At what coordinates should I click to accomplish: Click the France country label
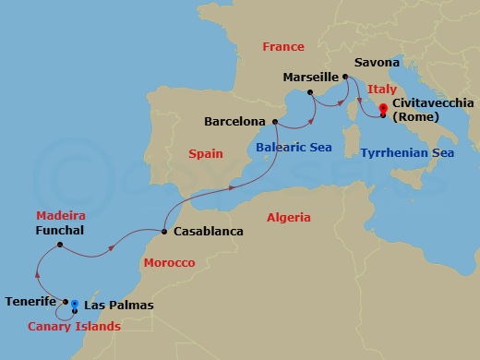[x=282, y=46]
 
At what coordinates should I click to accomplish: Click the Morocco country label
[x=169, y=263]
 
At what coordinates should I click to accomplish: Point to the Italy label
[x=381, y=89]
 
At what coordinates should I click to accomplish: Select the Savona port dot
[x=344, y=77]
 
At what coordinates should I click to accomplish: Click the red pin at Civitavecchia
[x=383, y=114]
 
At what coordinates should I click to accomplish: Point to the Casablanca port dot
[x=163, y=231]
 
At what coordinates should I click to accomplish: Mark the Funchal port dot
[x=59, y=245]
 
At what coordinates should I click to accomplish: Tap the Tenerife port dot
[x=65, y=301]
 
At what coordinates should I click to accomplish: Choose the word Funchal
[x=62, y=229]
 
